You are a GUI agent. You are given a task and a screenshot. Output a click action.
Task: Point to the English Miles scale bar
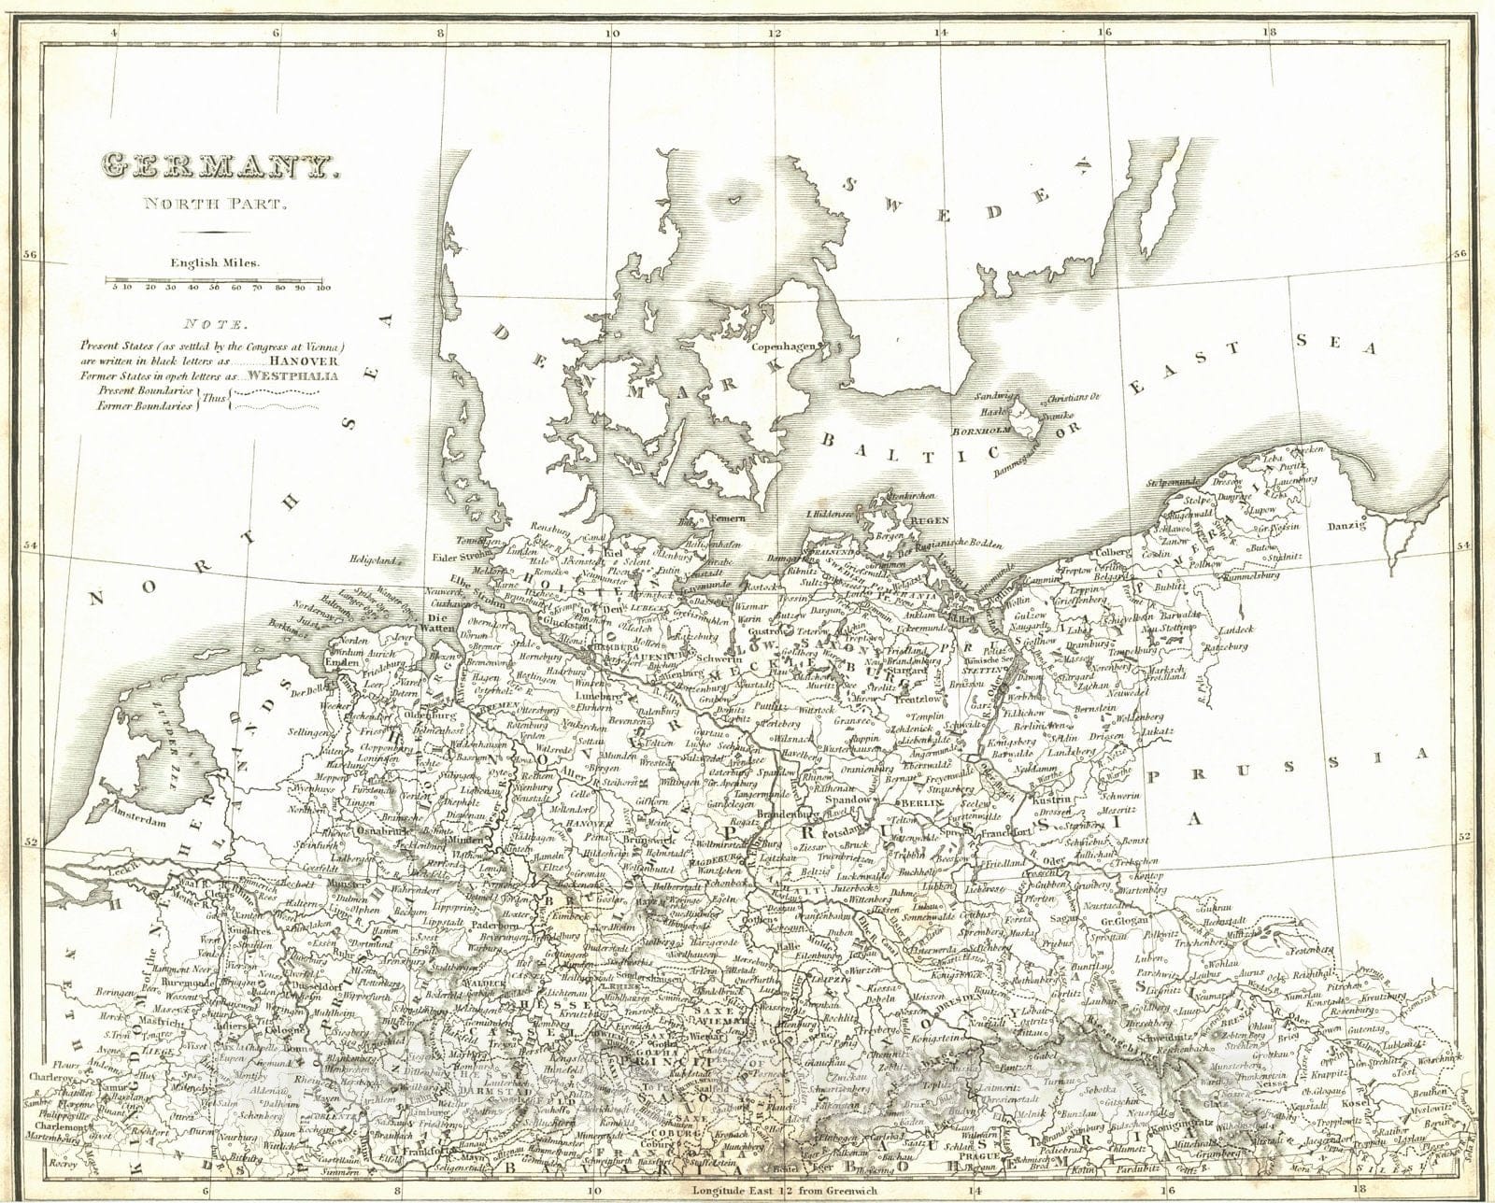tap(214, 278)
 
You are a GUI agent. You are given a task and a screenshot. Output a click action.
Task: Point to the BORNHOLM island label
tap(978, 432)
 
